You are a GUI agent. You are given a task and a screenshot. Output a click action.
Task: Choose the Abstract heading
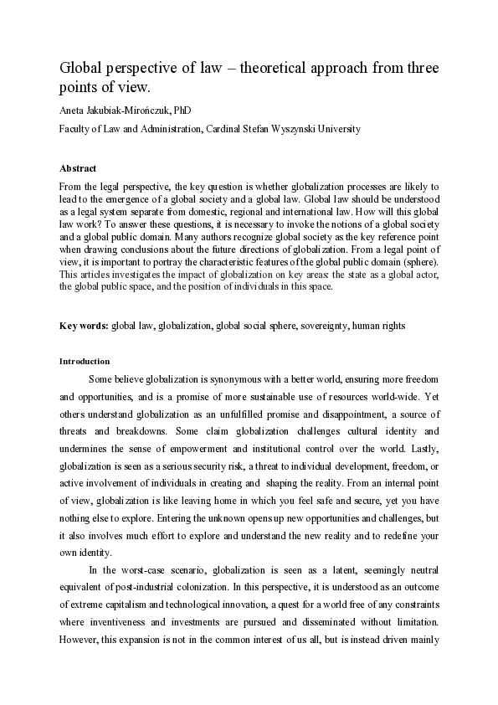point(77,167)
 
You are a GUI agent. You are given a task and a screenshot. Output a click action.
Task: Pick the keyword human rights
point(377,324)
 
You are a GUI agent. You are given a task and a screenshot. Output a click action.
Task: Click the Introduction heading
point(84,362)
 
